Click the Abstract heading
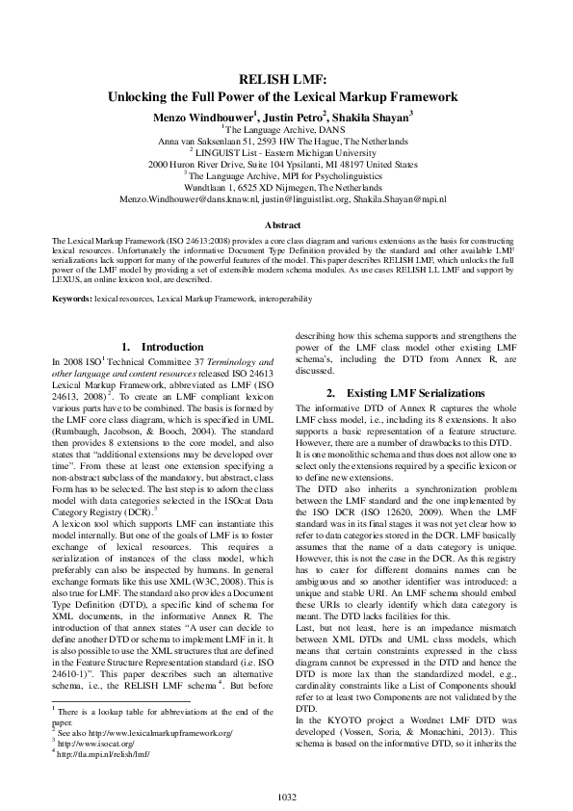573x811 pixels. tap(285, 224)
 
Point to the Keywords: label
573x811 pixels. tap(72, 300)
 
